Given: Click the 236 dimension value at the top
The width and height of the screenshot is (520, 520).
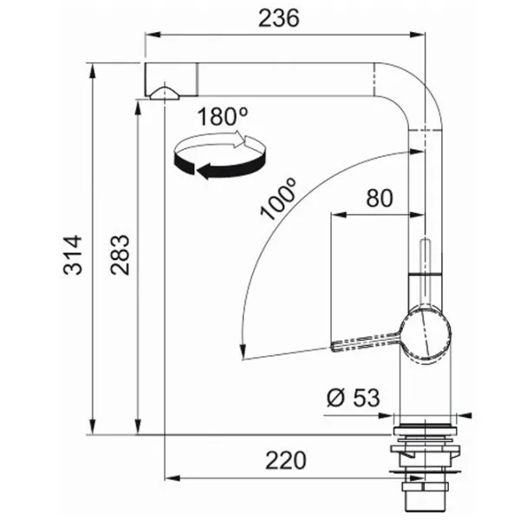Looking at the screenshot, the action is [278, 18].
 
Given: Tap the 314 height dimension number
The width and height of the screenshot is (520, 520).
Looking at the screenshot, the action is [73, 255].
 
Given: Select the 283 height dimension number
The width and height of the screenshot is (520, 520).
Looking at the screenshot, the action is [120, 255].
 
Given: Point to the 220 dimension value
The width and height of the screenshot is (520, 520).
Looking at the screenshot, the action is [285, 460].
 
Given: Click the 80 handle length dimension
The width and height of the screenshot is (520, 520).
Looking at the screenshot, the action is [380, 198].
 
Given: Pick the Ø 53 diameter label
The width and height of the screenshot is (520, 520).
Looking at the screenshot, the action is [354, 398].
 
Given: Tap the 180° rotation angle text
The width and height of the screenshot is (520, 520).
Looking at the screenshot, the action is [223, 116].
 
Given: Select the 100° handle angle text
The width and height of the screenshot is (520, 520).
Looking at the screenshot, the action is [278, 199].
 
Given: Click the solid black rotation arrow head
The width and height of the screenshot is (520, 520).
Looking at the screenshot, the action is [204, 171].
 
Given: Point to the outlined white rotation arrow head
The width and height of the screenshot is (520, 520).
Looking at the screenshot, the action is [239, 140].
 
